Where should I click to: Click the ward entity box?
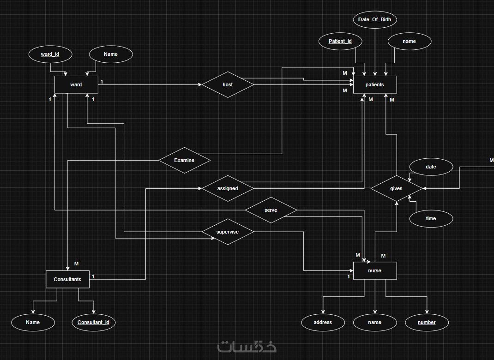click(x=76, y=84)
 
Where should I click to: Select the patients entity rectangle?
click(x=375, y=84)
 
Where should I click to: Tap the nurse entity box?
click(x=375, y=270)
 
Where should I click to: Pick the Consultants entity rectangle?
click(x=67, y=279)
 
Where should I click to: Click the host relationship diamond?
click(x=228, y=84)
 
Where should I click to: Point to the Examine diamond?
click(x=184, y=160)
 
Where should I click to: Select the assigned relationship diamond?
click(x=228, y=188)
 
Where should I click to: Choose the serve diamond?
click(x=271, y=210)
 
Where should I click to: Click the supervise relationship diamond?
click(x=228, y=232)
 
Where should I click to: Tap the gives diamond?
click(x=396, y=188)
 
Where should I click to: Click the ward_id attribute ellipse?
click(x=50, y=54)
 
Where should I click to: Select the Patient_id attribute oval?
click(x=340, y=41)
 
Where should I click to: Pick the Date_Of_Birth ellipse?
click(x=375, y=19)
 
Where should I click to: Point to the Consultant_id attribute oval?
click(x=94, y=322)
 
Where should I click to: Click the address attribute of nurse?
click(x=323, y=322)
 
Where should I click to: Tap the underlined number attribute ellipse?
click(x=427, y=322)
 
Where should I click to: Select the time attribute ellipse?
click(x=431, y=219)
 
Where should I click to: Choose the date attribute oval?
click(x=431, y=167)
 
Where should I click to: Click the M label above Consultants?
click(x=76, y=264)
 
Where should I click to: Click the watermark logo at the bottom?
click(x=247, y=347)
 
